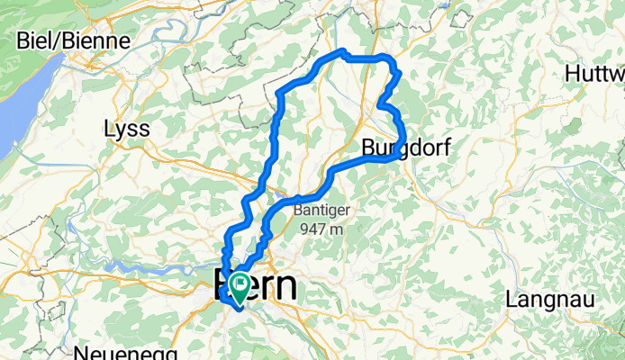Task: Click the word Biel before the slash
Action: tap(34, 41)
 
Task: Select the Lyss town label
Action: tap(126, 129)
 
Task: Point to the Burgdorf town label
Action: tap(402, 147)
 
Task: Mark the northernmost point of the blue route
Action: tap(342, 53)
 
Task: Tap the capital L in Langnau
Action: tap(513, 298)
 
